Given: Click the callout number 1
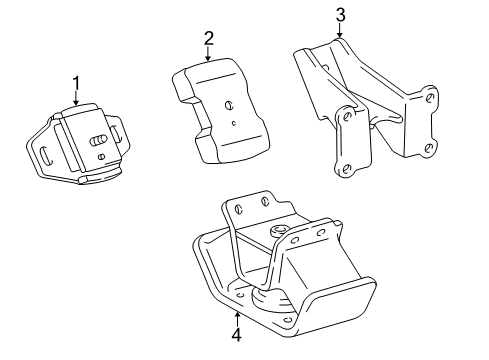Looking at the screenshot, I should click(x=75, y=82).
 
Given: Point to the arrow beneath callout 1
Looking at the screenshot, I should click(x=75, y=98).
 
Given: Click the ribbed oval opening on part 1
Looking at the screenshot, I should click(x=99, y=140).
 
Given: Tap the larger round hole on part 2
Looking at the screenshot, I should click(x=230, y=104).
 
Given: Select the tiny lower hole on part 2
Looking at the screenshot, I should click(x=233, y=125).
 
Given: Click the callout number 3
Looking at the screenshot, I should click(x=340, y=14).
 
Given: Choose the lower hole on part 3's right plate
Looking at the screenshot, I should click(x=429, y=147).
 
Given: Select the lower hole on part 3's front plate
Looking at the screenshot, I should click(x=346, y=167).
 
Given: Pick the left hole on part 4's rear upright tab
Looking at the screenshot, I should click(x=240, y=209).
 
